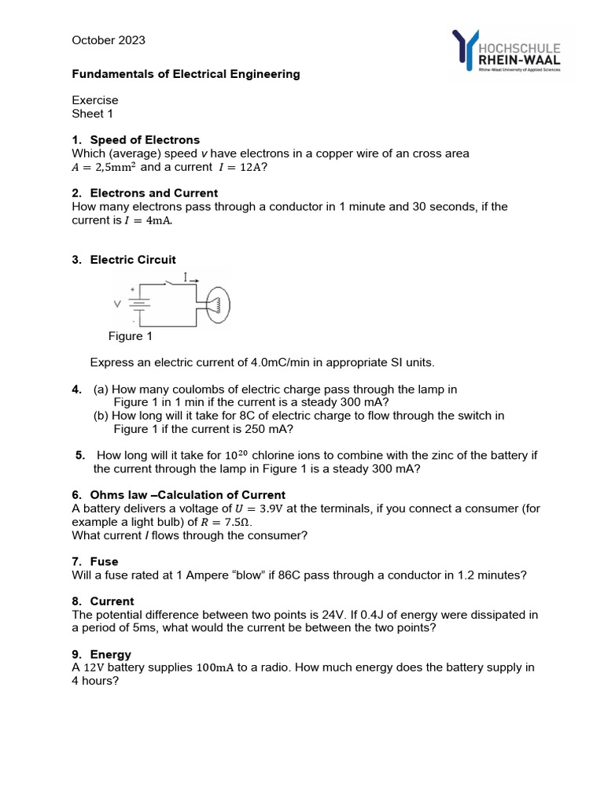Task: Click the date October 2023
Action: (109, 40)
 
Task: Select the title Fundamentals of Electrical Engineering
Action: (186, 74)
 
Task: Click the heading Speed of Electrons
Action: (145, 140)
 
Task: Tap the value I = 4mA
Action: (148, 220)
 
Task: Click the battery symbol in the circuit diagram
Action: (139, 303)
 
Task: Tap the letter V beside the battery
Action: (118, 303)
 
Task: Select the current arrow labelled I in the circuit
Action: (190, 278)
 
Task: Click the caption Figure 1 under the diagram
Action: (131, 336)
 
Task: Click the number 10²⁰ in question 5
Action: (237, 455)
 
